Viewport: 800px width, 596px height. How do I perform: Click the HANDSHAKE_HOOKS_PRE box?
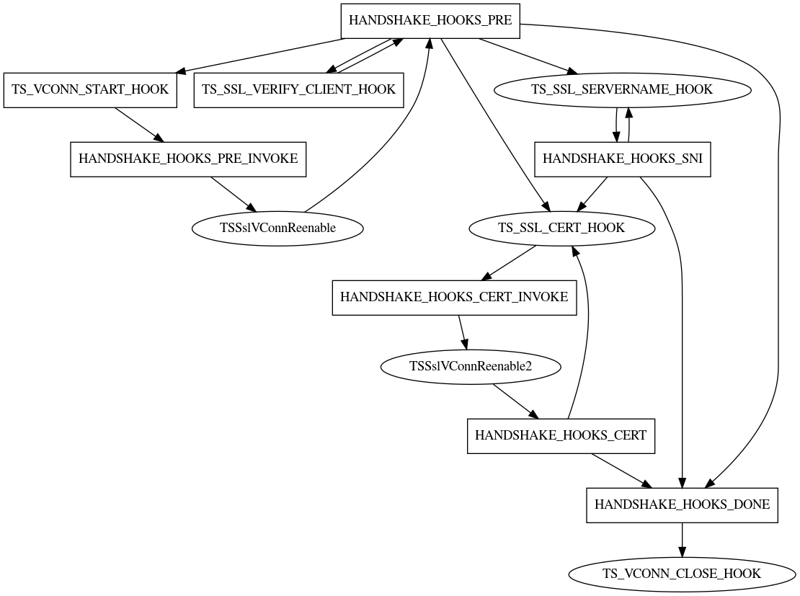click(x=430, y=20)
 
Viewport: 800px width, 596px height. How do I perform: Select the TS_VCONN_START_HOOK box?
click(x=90, y=90)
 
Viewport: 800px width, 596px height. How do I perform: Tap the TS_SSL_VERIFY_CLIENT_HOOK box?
click(x=298, y=90)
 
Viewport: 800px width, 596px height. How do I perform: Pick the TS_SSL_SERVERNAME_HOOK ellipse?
click(x=621, y=90)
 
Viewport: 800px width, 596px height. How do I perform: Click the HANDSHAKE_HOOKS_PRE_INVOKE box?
click(x=188, y=159)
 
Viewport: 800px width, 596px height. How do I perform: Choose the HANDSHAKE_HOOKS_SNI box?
click(x=623, y=159)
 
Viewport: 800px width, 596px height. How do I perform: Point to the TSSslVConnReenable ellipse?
click(x=277, y=228)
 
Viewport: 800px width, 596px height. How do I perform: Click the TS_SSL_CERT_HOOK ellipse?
click(x=561, y=228)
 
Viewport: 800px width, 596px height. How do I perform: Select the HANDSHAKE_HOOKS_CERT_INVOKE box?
click(x=454, y=298)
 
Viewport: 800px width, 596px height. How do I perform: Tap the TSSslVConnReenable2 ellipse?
click(x=470, y=367)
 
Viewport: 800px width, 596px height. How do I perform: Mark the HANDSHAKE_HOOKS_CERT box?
click(x=561, y=436)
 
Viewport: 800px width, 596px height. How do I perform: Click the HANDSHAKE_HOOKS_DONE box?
click(x=682, y=505)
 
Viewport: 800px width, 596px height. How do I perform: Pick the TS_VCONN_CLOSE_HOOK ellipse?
click(x=682, y=574)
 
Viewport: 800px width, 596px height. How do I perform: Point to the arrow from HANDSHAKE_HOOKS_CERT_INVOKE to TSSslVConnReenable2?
click(x=462, y=332)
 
